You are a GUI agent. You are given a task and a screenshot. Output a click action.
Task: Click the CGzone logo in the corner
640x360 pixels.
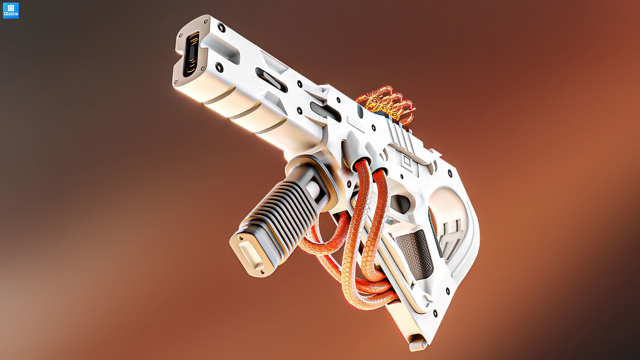[11, 10]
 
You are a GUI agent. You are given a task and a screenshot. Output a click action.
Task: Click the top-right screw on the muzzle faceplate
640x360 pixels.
[220, 27]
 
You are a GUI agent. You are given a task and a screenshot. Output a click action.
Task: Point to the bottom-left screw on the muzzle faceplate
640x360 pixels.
[177, 79]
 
